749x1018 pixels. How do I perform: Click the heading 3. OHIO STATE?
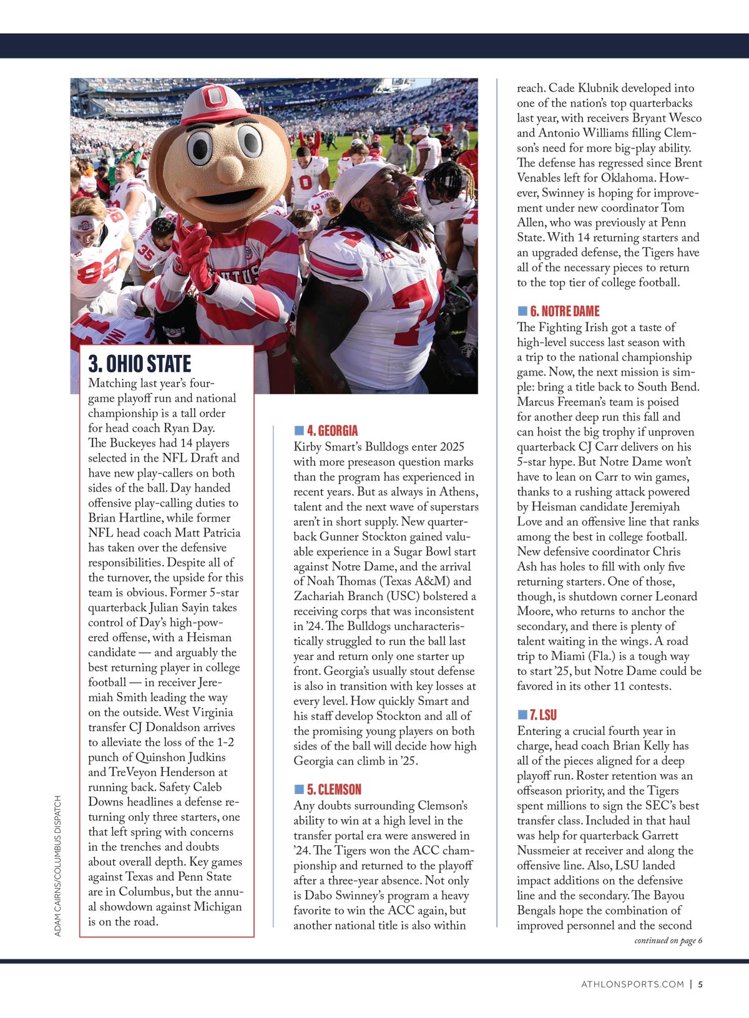pyautogui.click(x=140, y=364)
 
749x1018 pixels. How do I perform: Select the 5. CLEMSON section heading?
pyautogui.click(x=334, y=790)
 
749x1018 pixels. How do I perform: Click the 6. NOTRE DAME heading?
pyautogui.click(x=564, y=311)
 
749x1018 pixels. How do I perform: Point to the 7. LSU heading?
pyautogui.click(x=543, y=715)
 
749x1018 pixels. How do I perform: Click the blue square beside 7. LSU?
pyautogui.click(x=522, y=715)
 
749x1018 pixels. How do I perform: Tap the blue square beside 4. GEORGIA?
pyautogui.click(x=299, y=430)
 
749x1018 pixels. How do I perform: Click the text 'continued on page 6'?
pyautogui.click(x=668, y=941)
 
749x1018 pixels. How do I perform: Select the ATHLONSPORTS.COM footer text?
pyautogui.click(x=632, y=985)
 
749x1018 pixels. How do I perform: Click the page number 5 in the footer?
pyautogui.click(x=700, y=985)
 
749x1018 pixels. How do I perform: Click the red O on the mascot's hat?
pyautogui.click(x=215, y=98)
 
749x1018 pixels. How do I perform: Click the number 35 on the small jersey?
pyautogui.click(x=145, y=252)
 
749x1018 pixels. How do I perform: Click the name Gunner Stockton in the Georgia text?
pyautogui.click(x=357, y=536)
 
